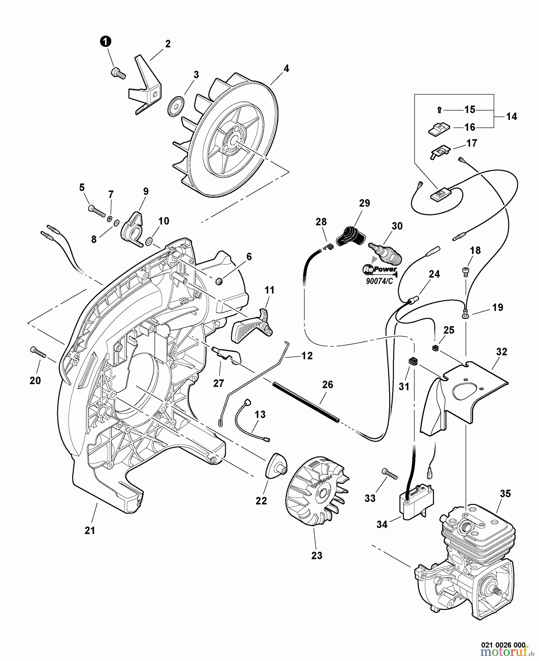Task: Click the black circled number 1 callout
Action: [x=106, y=42]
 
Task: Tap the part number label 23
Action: [x=316, y=556]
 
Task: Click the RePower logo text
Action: [x=380, y=269]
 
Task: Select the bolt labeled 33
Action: [x=390, y=474]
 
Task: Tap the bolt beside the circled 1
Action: [x=118, y=73]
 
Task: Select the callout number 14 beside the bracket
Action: [x=511, y=116]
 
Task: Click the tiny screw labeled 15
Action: [x=440, y=109]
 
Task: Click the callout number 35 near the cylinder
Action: [x=505, y=494]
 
